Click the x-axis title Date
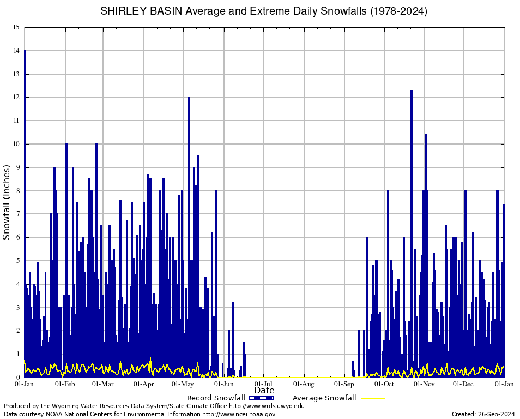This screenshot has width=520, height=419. coord(264,390)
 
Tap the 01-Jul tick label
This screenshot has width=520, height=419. coord(263,384)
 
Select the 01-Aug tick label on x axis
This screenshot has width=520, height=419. coord(304,384)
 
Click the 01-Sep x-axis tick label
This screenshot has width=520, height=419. coord(344,384)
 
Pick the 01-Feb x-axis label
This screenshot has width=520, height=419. coord(65,384)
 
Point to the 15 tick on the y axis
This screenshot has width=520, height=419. coord(16,27)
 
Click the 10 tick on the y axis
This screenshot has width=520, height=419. coord(16,144)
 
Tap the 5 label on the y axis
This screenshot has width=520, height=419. coord(17,261)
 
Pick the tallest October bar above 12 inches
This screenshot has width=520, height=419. coord(412,164)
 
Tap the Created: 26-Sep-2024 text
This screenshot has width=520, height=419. coord(483,414)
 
